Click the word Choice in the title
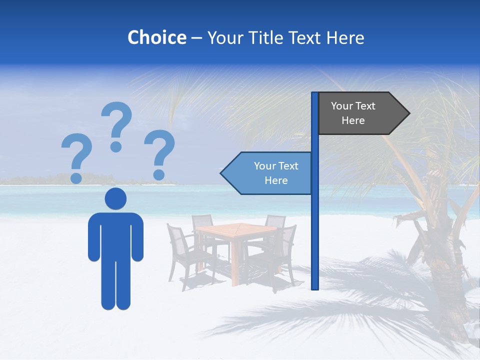click(x=156, y=37)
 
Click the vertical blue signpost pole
click(x=315, y=225)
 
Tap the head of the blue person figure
click(x=115, y=199)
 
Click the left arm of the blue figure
click(x=93, y=237)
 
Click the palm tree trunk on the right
click(x=440, y=280)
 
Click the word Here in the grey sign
click(x=353, y=120)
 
